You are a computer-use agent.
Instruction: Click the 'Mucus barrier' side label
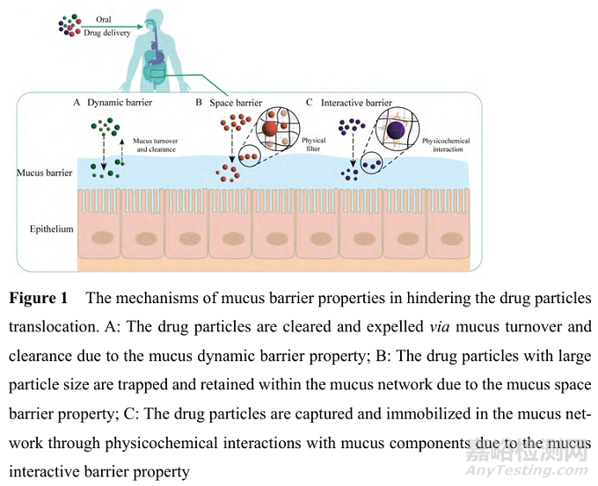pyautogui.click(x=44, y=172)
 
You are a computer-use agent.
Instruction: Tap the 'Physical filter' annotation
pyautogui.click(x=313, y=145)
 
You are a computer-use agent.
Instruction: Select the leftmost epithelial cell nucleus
pyautogui.click(x=98, y=235)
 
